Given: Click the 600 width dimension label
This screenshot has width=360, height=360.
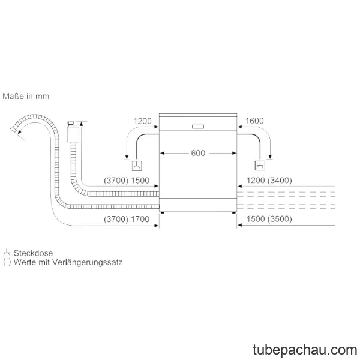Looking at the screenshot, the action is coord(198,153).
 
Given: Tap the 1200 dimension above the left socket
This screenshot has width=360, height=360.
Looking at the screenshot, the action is coord(142,121).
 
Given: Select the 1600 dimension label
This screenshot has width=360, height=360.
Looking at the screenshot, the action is coord(254,121).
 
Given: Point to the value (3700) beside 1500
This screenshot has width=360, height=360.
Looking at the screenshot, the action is coord(116,181).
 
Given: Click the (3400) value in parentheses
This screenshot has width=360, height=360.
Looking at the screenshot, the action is coord(280,181).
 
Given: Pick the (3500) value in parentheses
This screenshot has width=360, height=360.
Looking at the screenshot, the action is coord(280,219).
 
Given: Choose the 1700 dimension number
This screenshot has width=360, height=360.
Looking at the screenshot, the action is coord(140,219).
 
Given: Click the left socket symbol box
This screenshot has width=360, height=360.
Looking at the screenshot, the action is coord(137,166).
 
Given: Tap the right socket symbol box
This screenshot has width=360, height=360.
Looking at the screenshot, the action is coord(260,166).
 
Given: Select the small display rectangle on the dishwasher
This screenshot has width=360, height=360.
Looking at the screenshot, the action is coord(198,127).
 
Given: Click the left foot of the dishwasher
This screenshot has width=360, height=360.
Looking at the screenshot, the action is coord(163,212).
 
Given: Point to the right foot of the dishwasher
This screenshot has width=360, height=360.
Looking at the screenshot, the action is coord(234,212).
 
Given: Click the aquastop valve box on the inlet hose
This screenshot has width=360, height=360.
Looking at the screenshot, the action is coord(73,134).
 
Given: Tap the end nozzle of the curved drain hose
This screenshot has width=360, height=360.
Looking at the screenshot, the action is coord(14,129).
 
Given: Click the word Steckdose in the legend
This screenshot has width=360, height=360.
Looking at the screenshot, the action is coord(33,253).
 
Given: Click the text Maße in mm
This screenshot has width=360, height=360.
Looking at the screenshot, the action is coord(26,96).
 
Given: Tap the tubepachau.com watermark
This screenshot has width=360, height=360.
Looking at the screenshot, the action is coord(305,350).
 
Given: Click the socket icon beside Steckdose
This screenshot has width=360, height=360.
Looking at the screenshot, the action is coord(7,253).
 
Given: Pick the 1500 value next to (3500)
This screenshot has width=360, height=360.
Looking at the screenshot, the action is coord(256,219).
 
